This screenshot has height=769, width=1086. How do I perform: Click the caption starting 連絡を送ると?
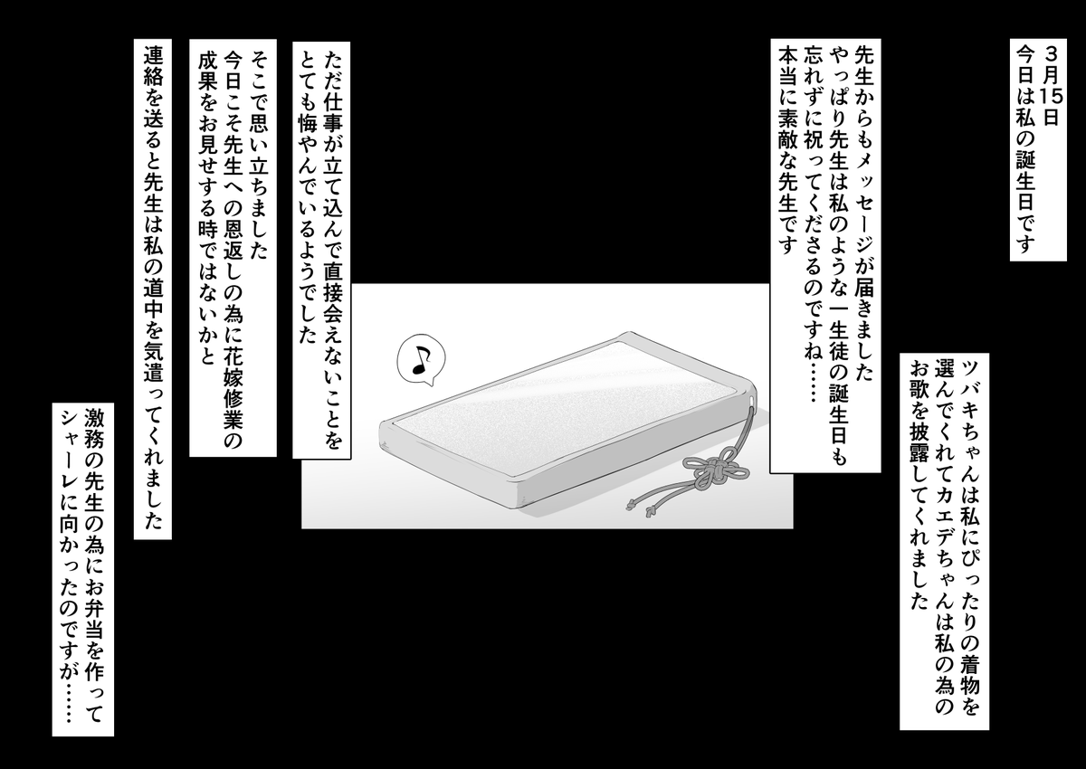pyautogui.click(x=153, y=290)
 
